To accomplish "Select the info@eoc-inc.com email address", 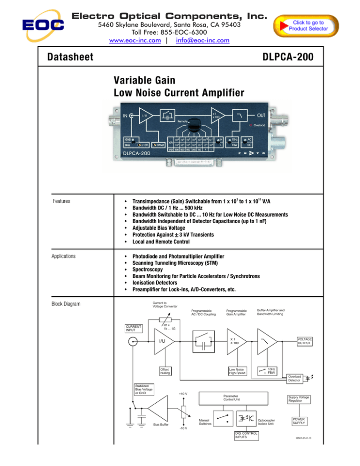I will tap(202, 40).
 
